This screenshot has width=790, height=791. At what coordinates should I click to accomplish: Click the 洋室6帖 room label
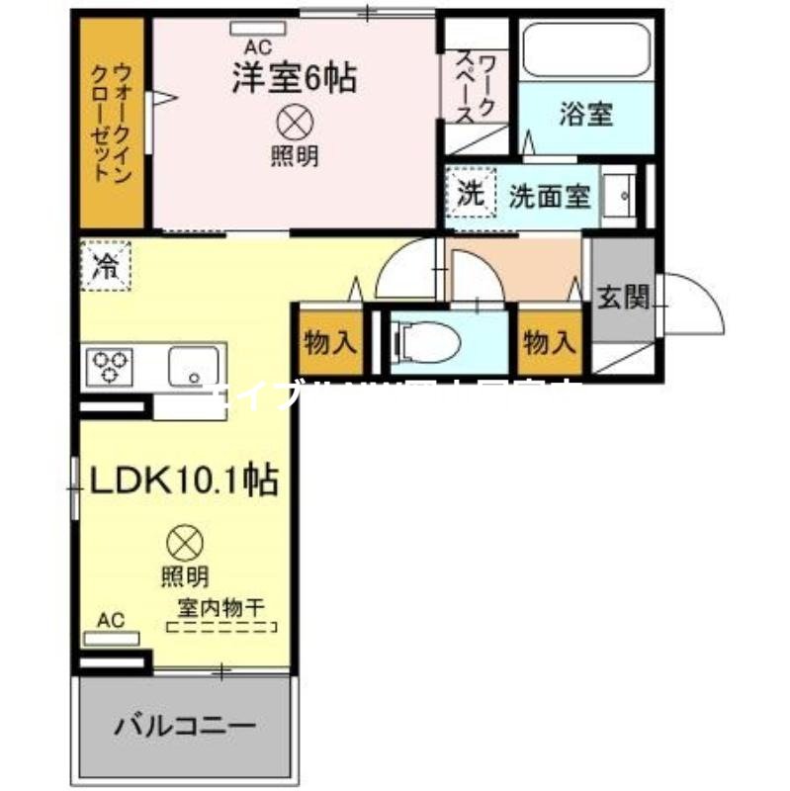point(294,78)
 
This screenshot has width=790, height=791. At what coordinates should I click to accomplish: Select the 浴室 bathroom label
point(585,115)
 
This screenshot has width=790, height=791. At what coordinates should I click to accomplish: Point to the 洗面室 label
point(550,196)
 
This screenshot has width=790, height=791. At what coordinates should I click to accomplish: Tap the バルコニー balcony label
point(185,727)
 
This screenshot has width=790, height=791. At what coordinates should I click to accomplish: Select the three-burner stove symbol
point(112,367)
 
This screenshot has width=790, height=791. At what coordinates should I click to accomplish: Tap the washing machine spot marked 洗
point(472,194)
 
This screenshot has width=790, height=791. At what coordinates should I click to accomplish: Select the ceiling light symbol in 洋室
point(294,124)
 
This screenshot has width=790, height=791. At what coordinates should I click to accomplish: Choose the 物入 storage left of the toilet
point(328,343)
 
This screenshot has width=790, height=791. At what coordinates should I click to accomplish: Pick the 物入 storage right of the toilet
point(549,343)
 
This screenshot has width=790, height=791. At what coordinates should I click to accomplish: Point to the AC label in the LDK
point(111,620)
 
